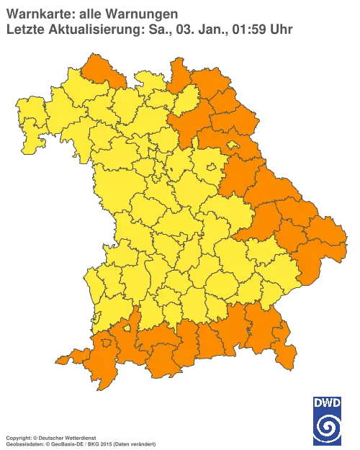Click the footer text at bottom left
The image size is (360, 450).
point(79,437)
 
